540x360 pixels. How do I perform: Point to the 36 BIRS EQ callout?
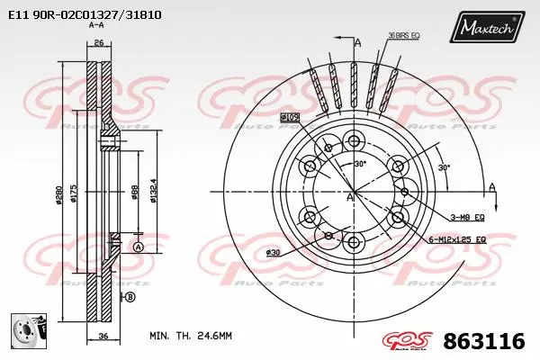coord(404,35)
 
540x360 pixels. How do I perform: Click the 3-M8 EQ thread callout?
coord(467,217)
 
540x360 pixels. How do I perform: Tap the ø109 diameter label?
coord(290,118)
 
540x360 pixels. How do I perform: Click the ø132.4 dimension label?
coord(154,192)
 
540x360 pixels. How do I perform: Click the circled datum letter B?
coord(130,297)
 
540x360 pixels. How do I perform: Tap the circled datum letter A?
coord(138,247)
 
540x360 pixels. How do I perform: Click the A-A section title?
coord(95,26)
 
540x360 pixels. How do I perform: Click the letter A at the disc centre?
coord(349,197)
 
